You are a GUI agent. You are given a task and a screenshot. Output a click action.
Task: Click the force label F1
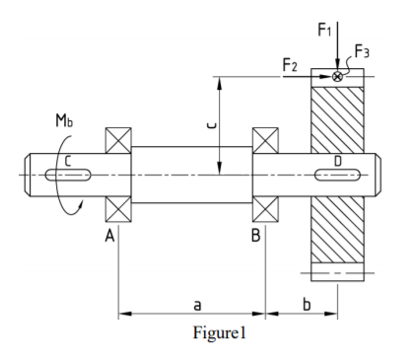(x=324, y=30)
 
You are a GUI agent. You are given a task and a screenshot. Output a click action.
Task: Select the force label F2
(x=290, y=65)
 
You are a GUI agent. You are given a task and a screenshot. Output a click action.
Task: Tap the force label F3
(x=362, y=51)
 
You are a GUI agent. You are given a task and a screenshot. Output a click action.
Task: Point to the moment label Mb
(x=64, y=120)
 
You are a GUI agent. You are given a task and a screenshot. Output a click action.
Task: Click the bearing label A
(x=109, y=236)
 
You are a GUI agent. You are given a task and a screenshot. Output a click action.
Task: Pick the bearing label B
(x=255, y=236)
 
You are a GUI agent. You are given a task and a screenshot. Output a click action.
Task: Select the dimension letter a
(x=197, y=305)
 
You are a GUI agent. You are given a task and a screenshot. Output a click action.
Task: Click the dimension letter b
(x=307, y=304)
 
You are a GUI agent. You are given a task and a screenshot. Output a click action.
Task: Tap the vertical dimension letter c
(x=212, y=125)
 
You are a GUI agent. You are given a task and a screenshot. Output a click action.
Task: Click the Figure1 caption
(x=219, y=332)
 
